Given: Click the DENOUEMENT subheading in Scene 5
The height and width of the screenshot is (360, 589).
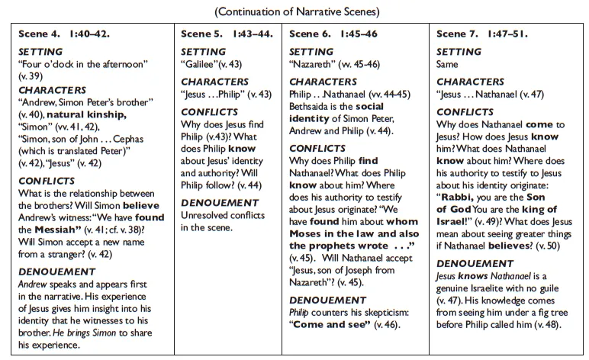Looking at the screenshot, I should coord(220,203).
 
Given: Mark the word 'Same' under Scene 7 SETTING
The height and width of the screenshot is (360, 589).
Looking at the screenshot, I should coord(448,65).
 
